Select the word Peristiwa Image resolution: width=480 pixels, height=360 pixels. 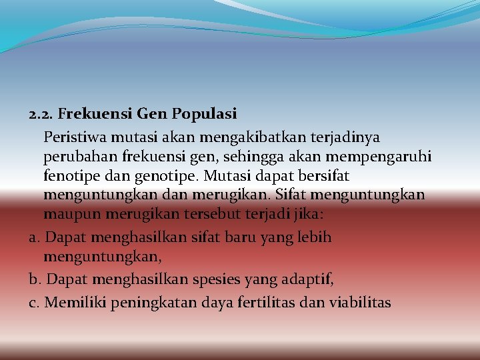coord(73,137)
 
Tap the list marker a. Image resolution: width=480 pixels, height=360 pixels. coord(35,237)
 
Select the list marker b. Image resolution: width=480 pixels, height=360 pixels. coord(35,279)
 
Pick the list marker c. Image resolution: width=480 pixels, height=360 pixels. coord(34,303)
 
